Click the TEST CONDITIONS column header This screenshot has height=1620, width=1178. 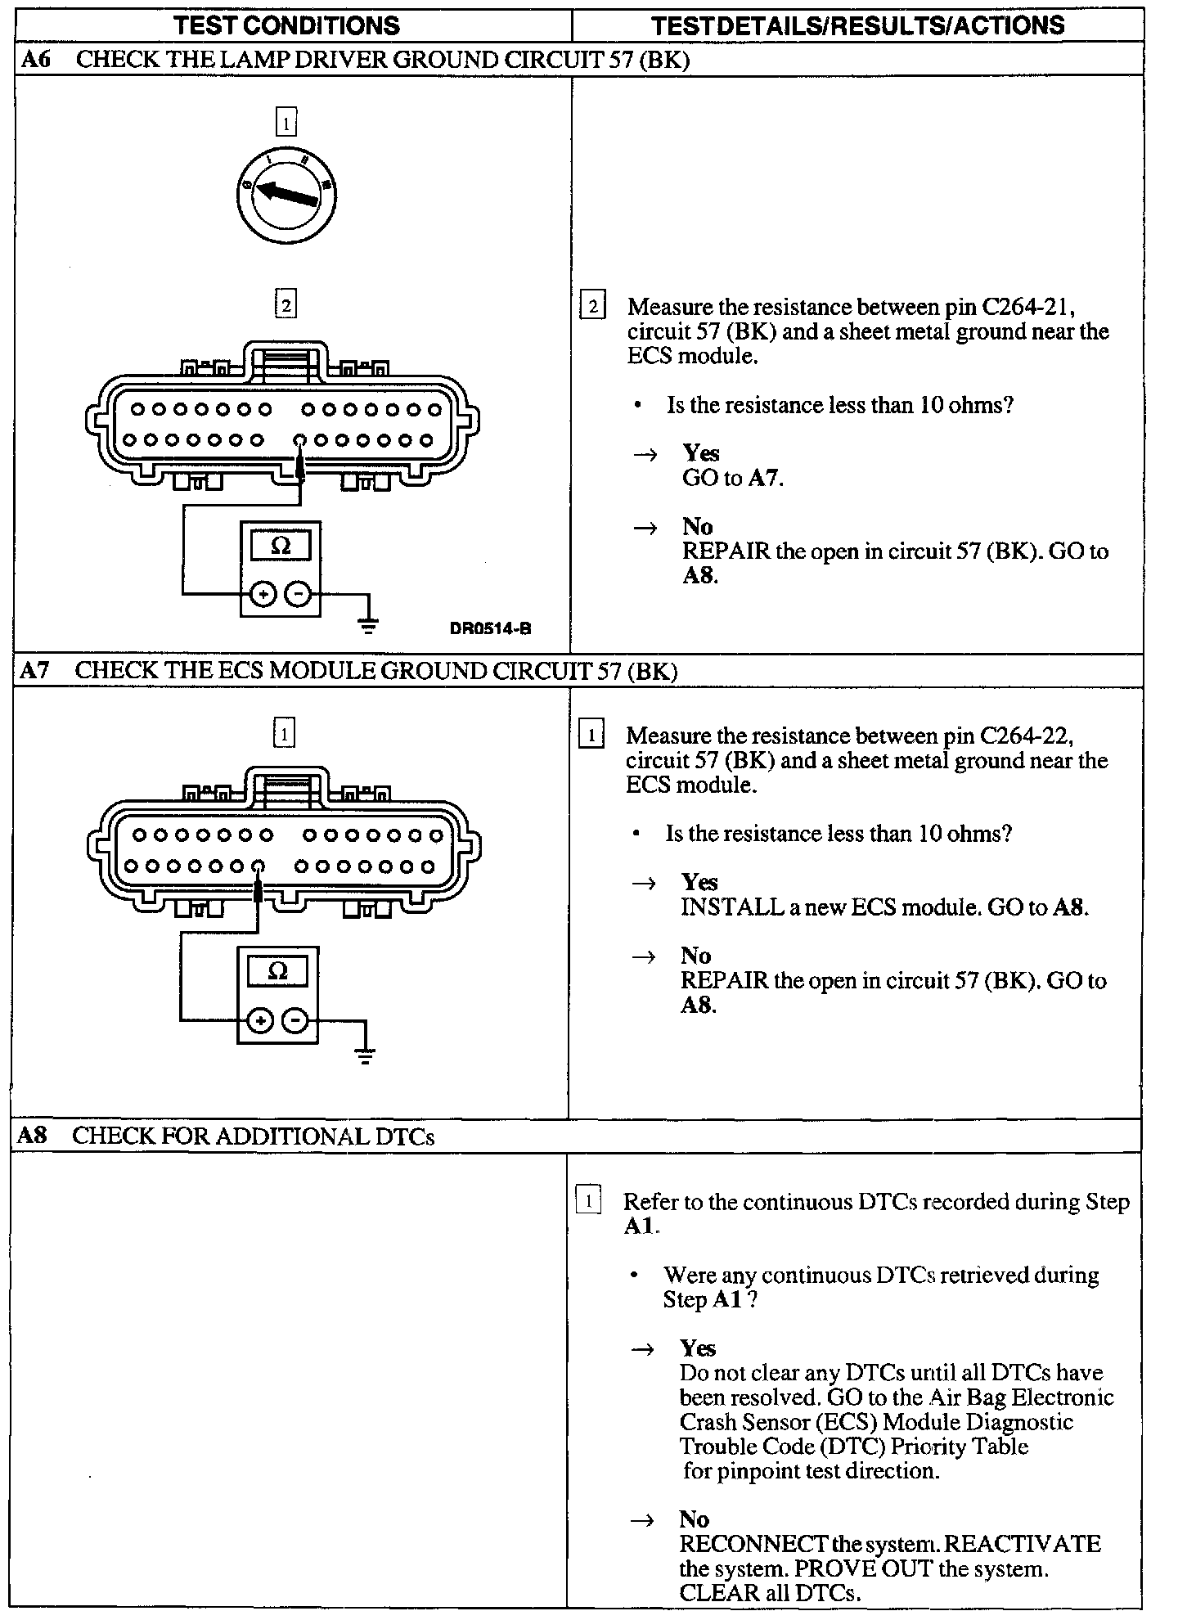point(287,25)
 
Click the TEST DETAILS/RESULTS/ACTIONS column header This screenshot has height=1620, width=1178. point(858,25)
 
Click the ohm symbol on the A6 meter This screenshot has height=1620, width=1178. point(281,545)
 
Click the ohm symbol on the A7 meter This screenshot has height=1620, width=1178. point(278,971)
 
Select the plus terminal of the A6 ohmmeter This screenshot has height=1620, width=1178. point(263,594)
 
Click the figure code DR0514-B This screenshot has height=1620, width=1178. point(490,628)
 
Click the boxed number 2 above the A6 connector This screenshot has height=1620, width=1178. point(286,305)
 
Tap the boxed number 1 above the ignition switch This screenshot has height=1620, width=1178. point(286,124)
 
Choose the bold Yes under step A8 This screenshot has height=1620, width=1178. point(697,1348)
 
